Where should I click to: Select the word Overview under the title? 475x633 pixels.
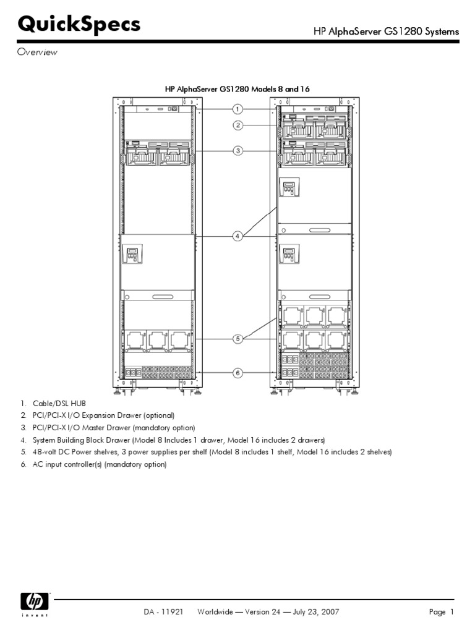[37, 53]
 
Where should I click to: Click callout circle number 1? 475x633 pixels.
[237, 109]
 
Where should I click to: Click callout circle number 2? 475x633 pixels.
[237, 125]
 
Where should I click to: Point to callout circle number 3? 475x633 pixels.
[237, 150]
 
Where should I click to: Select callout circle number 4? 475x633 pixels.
[237, 236]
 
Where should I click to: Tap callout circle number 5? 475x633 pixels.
[237, 338]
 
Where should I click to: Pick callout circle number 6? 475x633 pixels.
[237, 373]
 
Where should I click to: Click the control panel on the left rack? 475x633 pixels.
[133, 253]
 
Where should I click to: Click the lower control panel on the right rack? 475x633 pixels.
[289, 254]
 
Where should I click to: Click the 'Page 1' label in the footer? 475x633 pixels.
[442, 612]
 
